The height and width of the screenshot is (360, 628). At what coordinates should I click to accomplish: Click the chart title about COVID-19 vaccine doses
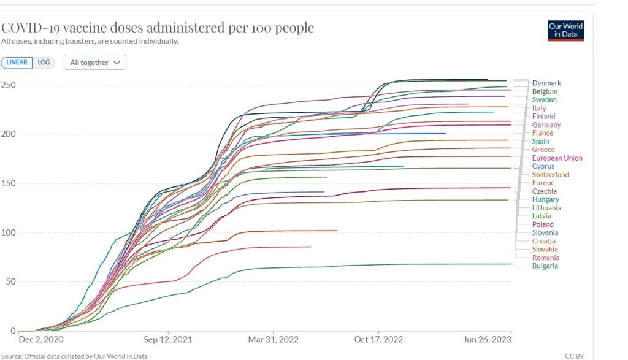pyautogui.click(x=158, y=28)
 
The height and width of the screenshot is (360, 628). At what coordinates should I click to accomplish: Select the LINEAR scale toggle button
pyautogui.click(x=17, y=63)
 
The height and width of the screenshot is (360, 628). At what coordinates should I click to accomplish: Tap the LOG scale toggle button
pyautogui.click(x=44, y=63)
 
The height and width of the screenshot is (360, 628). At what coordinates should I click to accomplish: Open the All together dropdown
pyautogui.click(x=95, y=63)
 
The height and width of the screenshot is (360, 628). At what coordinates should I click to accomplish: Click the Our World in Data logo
pyautogui.click(x=565, y=30)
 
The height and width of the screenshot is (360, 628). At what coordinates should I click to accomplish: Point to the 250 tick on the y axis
pyautogui.click(x=8, y=85)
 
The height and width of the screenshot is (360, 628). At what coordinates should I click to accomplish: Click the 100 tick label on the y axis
pyautogui.click(x=8, y=232)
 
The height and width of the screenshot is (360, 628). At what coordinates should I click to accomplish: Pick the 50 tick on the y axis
pyautogui.click(x=10, y=281)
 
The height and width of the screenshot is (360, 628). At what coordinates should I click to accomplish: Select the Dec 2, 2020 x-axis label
pyautogui.click(x=41, y=339)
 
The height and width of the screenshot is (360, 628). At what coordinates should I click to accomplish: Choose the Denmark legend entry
pyautogui.click(x=546, y=83)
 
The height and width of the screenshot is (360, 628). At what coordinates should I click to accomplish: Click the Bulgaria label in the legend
pyautogui.click(x=545, y=266)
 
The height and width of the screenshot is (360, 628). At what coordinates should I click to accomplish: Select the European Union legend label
pyautogui.click(x=557, y=158)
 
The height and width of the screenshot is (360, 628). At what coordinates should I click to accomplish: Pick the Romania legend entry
pyautogui.click(x=546, y=258)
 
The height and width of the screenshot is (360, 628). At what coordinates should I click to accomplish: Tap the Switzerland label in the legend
pyautogui.click(x=551, y=175)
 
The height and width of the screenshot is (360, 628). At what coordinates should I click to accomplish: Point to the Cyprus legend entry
pyautogui.click(x=543, y=166)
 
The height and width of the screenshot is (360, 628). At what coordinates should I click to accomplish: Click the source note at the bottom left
pyautogui.click(x=74, y=356)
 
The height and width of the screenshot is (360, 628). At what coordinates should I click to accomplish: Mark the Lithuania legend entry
pyautogui.click(x=546, y=208)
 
